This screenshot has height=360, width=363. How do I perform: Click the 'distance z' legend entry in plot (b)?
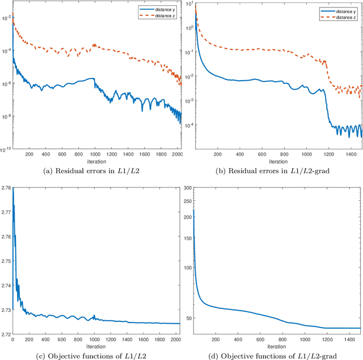tap(345, 18)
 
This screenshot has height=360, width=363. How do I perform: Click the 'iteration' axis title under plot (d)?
tap(276, 346)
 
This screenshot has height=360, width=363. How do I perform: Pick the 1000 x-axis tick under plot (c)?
tap(94, 340)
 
